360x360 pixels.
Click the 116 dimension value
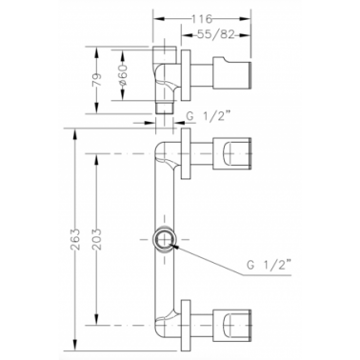(202, 19)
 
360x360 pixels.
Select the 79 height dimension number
(98, 80)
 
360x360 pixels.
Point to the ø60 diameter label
(123, 75)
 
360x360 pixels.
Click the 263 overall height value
(76, 239)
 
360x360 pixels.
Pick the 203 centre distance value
(98, 239)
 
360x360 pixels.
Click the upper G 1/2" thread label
(208, 116)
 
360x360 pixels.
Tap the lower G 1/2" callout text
(269, 265)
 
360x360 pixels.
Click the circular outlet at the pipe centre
(164, 239)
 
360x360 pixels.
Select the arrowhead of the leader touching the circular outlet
(175, 246)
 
